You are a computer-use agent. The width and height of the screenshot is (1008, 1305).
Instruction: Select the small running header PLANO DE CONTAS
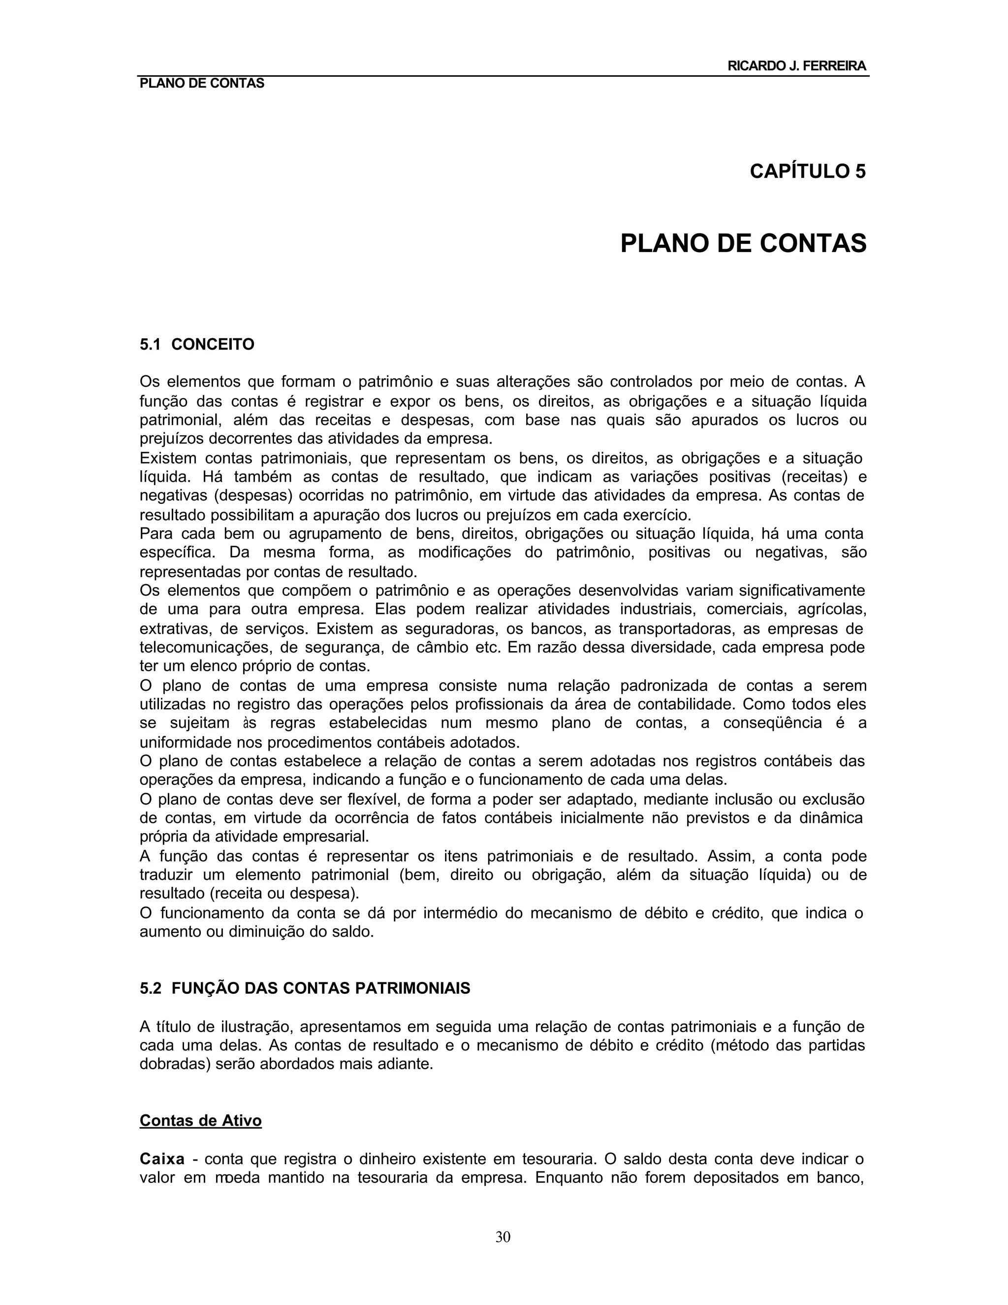pos(202,84)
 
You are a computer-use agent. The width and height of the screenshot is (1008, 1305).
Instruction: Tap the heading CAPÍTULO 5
pos(807,171)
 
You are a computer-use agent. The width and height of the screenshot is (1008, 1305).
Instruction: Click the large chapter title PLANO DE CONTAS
pos(744,244)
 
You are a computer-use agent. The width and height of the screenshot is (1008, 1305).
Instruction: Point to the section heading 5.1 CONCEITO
pos(197,345)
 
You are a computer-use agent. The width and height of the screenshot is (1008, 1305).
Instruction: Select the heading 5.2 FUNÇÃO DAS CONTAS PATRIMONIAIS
pos(305,988)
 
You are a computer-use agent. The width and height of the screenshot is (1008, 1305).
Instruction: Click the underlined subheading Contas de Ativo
pos(201,1120)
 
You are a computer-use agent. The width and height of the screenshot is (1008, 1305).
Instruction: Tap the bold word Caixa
pos(162,1159)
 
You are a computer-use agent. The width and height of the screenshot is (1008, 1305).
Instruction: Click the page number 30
pos(503,1237)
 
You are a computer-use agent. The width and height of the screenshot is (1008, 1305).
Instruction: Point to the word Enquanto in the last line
pos(567,1178)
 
